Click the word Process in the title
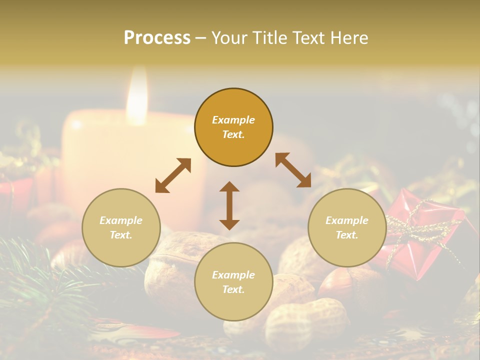(x=157, y=38)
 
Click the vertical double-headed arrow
(x=229, y=205)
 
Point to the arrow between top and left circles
(x=173, y=175)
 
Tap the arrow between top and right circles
(x=293, y=170)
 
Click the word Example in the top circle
(x=233, y=120)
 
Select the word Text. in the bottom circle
(x=233, y=289)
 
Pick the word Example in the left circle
(x=121, y=220)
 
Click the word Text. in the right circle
(x=347, y=235)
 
